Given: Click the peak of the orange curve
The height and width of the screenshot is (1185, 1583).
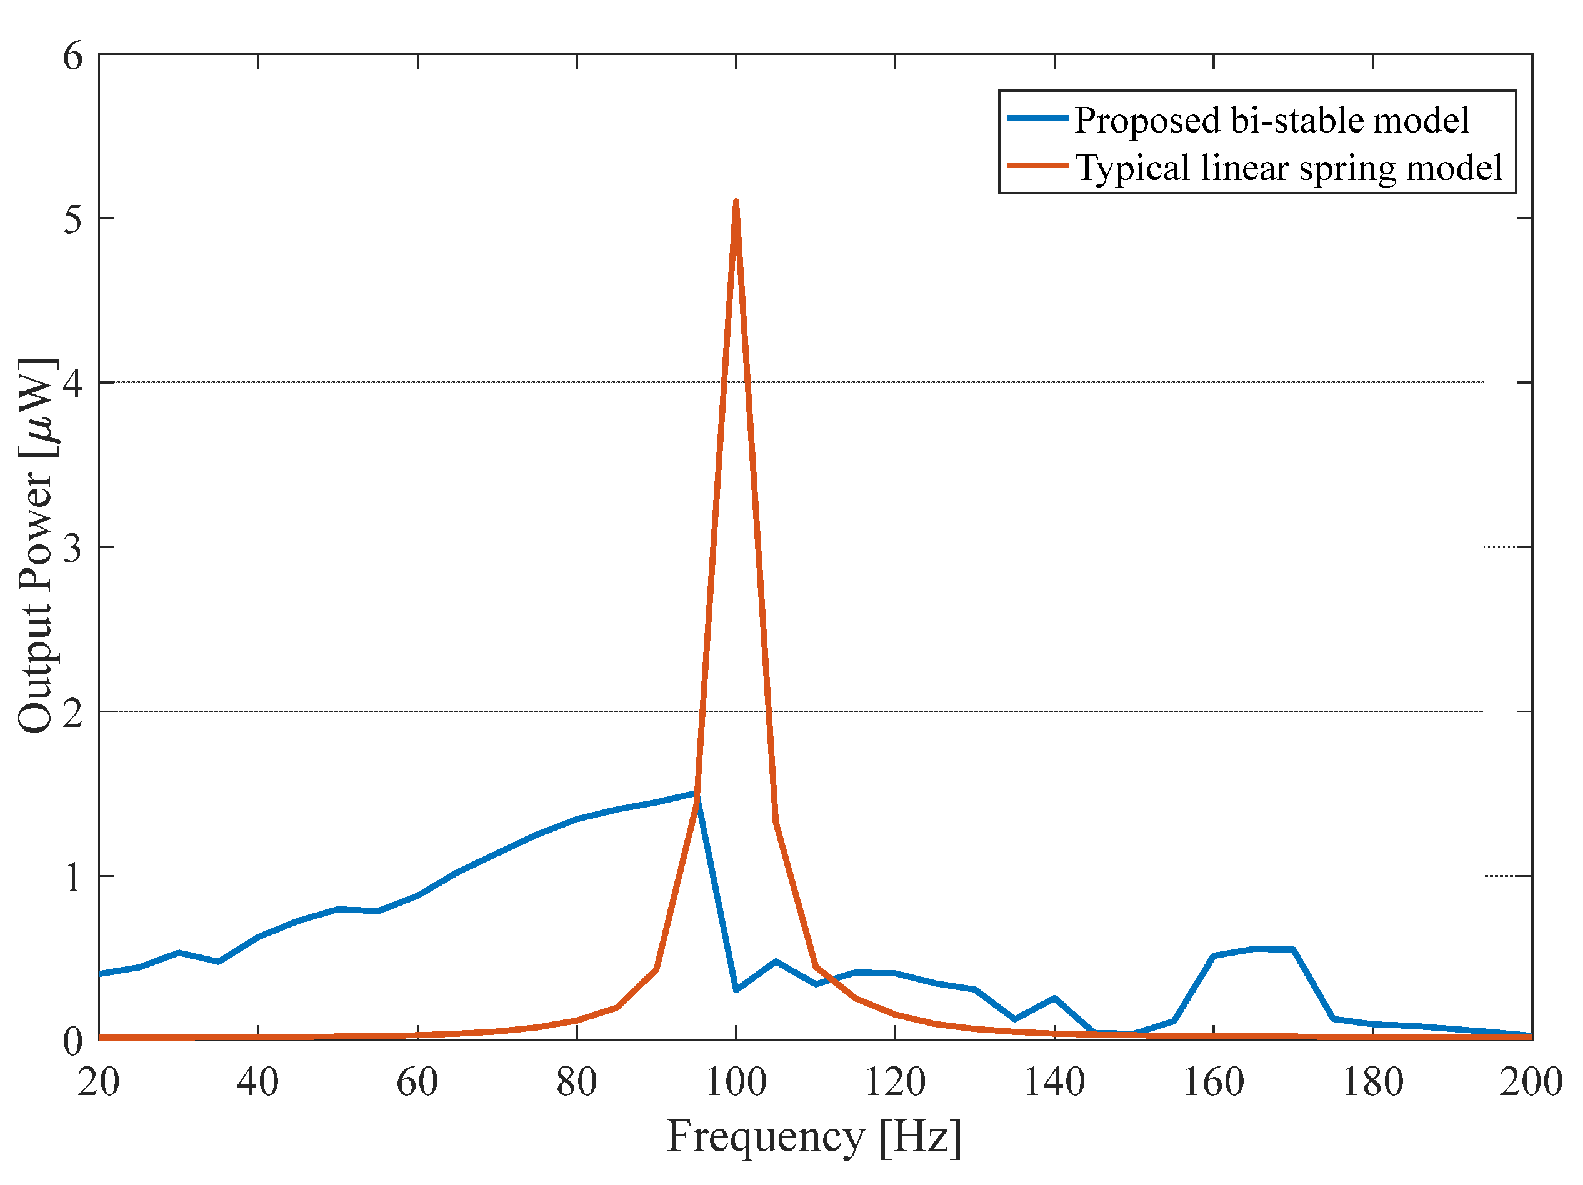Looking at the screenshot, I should click(x=736, y=203).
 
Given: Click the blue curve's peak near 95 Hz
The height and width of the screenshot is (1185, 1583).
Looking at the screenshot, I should click(x=695, y=793).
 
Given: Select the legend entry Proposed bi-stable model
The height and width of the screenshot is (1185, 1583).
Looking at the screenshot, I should click(x=1271, y=120).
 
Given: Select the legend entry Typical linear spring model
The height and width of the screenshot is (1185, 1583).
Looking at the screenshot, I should click(x=1288, y=168).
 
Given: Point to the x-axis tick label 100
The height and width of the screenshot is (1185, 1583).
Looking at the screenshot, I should click(x=736, y=1082).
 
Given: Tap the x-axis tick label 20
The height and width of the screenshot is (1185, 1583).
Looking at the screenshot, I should click(x=99, y=1082).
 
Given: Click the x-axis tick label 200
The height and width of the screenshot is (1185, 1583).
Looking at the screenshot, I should click(x=1530, y=1082).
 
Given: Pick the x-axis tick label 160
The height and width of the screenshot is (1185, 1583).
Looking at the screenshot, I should click(x=1213, y=1082).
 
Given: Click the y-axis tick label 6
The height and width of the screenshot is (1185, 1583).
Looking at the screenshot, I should click(x=72, y=56).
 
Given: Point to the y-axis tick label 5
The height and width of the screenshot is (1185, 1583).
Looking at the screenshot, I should click(x=72, y=219).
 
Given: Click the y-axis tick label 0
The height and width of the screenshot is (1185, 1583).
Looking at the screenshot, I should click(x=72, y=1041).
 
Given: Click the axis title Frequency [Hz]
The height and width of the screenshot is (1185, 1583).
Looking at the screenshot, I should click(x=814, y=1136).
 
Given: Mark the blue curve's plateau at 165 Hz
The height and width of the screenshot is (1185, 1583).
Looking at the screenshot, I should click(x=1254, y=949).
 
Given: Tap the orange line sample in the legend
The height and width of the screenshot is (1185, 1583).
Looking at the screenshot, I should click(x=1037, y=166).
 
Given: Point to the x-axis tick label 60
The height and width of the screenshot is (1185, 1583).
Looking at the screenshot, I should click(x=417, y=1082).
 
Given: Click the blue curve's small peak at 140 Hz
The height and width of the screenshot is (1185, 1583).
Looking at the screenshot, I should click(x=1054, y=997).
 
